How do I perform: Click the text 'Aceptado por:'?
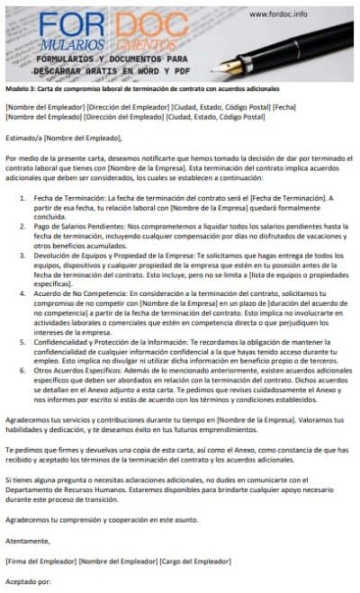click(x=27, y=582)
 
